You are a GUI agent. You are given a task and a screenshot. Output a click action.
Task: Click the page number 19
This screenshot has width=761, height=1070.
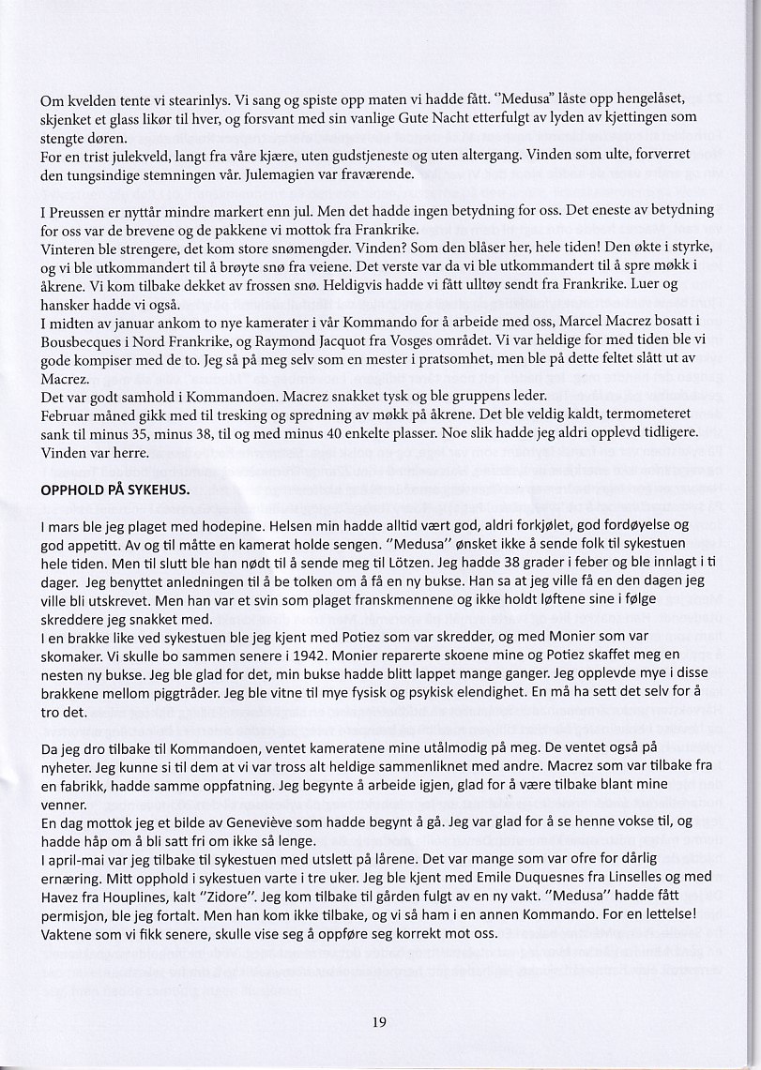click(x=379, y=1021)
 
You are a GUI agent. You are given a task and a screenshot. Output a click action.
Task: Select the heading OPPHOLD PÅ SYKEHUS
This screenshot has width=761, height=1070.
click(x=114, y=490)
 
